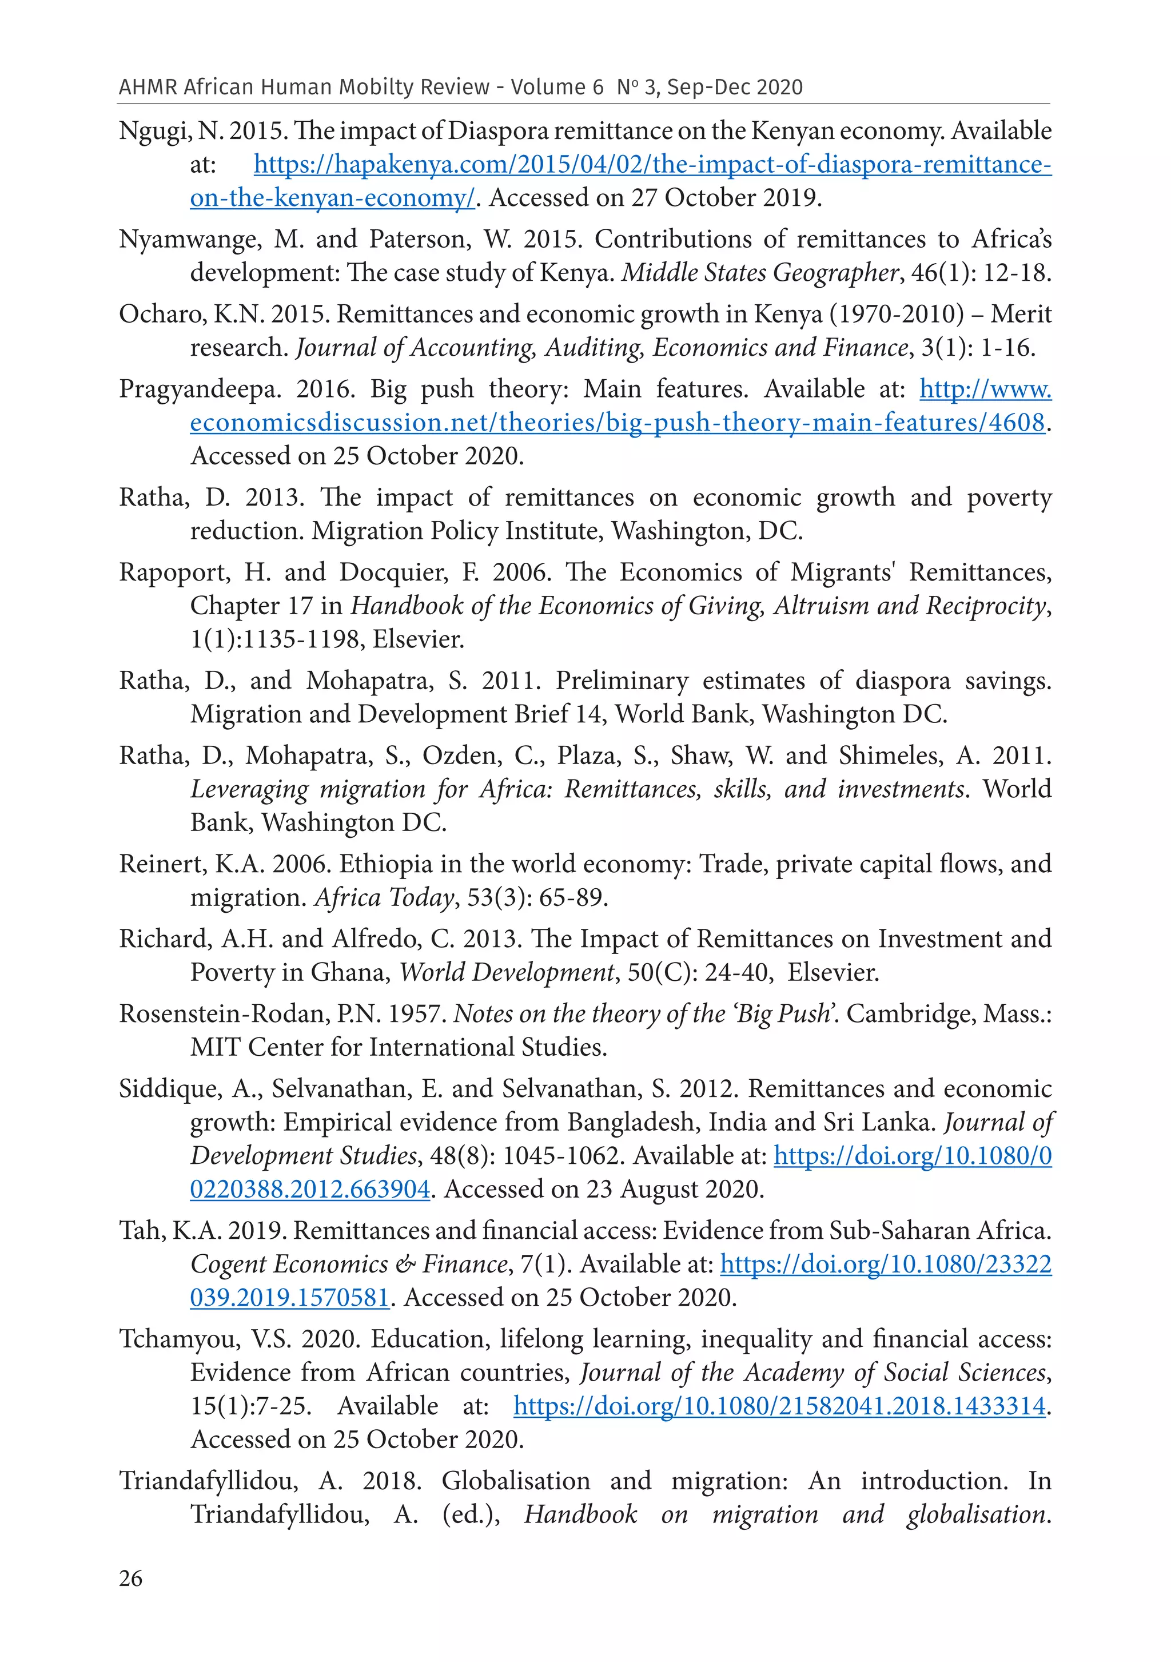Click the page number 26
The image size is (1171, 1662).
point(130,1577)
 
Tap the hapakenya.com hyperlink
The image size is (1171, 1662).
point(651,165)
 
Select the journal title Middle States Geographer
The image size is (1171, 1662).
point(760,273)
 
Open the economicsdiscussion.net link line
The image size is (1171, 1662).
point(616,423)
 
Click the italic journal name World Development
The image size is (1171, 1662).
point(507,972)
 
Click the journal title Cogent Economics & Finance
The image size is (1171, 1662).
point(349,1264)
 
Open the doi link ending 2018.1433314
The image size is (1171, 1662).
point(779,1406)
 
